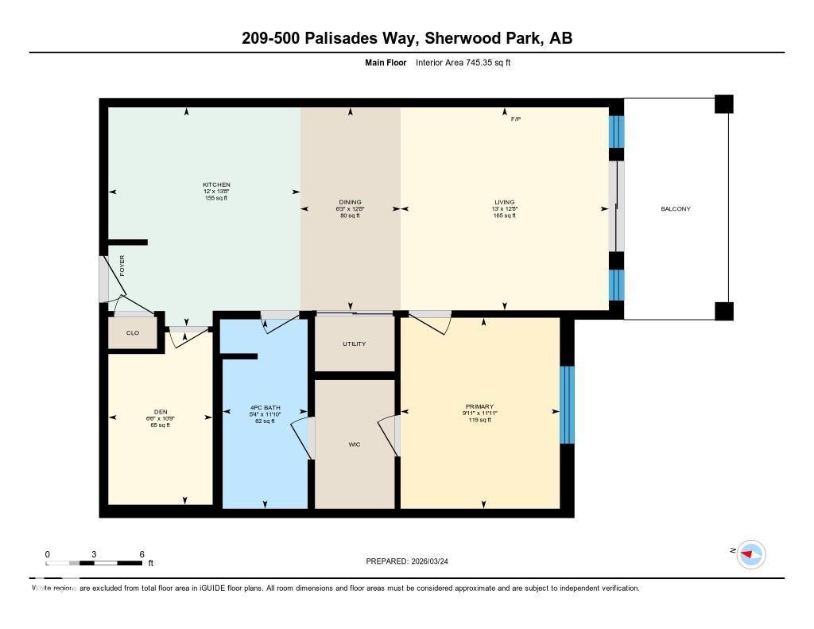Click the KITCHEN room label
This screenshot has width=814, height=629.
216,184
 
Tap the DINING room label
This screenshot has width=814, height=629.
351,202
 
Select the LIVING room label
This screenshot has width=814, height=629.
504,202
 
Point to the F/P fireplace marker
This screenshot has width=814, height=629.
515,118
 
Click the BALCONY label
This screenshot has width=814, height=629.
675,209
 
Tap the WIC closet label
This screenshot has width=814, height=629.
355,445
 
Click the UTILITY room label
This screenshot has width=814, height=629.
354,343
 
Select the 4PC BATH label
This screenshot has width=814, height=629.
265,407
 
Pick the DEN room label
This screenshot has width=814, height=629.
161,412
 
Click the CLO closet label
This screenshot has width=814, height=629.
132,333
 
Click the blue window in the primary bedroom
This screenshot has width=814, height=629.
567,405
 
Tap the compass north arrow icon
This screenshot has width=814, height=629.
750,553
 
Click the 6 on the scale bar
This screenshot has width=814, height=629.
141,554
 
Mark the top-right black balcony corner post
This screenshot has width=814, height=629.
723,104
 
